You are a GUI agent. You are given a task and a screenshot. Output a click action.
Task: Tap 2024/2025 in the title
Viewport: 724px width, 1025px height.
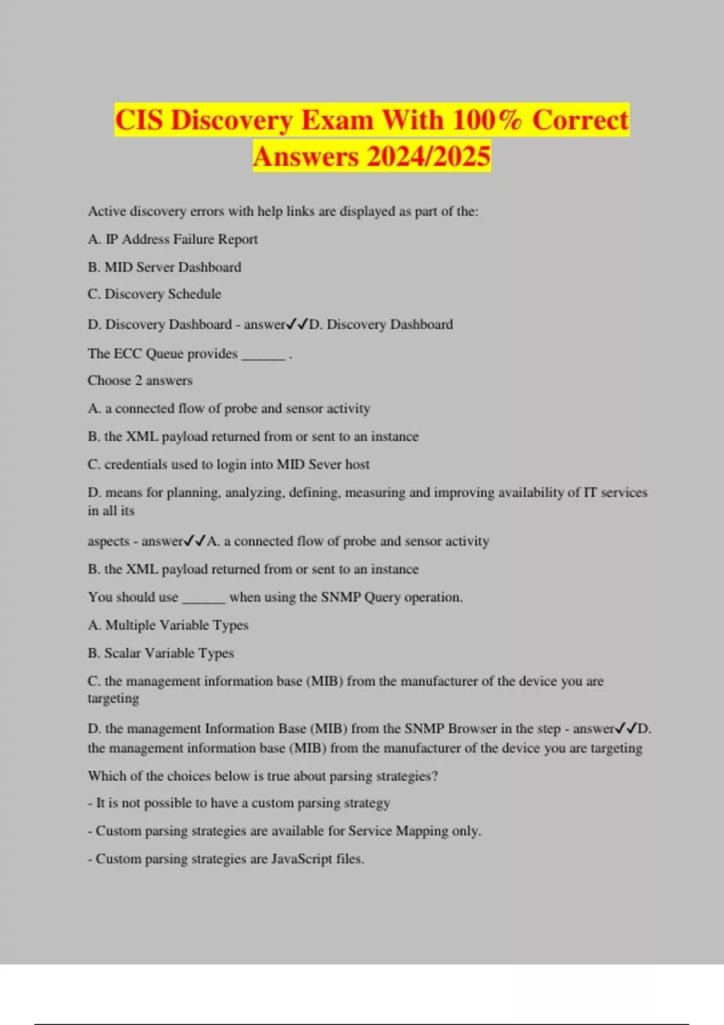pyautogui.click(x=428, y=157)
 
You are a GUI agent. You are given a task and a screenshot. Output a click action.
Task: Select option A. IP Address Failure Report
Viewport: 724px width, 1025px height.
pyautogui.click(x=173, y=239)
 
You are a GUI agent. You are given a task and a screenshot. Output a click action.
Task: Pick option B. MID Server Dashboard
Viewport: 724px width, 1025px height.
pyautogui.click(x=164, y=267)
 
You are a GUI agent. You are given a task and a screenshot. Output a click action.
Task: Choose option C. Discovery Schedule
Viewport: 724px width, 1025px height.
pyautogui.click(x=154, y=294)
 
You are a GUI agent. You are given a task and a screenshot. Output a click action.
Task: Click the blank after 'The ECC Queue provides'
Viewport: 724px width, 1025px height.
pyautogui.click(x=263, y=355)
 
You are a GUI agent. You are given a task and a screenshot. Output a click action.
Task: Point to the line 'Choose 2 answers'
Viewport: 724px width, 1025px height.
pyautogui.click(x=140, y=380)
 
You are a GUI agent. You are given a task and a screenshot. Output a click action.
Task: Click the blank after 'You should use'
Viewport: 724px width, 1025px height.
pyautogui.click(x=203, y=598)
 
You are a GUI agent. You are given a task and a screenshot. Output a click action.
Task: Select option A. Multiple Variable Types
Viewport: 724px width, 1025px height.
pyautogui.click(x=168, y=625)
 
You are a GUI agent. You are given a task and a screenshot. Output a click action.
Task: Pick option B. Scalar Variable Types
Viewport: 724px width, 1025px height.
pyautogui.click(x=160, y=653)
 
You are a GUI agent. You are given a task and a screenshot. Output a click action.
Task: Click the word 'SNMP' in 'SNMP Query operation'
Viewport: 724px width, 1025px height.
pyautogui.click(x=340, y=598)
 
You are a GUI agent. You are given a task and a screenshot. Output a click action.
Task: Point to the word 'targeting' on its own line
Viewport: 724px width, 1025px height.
pyautogui.click(x=113, y=699)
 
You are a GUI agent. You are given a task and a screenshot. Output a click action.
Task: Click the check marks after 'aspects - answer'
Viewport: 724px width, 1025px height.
pyautogui.click(x=195, y=541)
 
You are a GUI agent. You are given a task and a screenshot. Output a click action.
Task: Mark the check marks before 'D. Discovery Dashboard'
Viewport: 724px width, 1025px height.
pyautogui.click(x=297, y=324)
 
